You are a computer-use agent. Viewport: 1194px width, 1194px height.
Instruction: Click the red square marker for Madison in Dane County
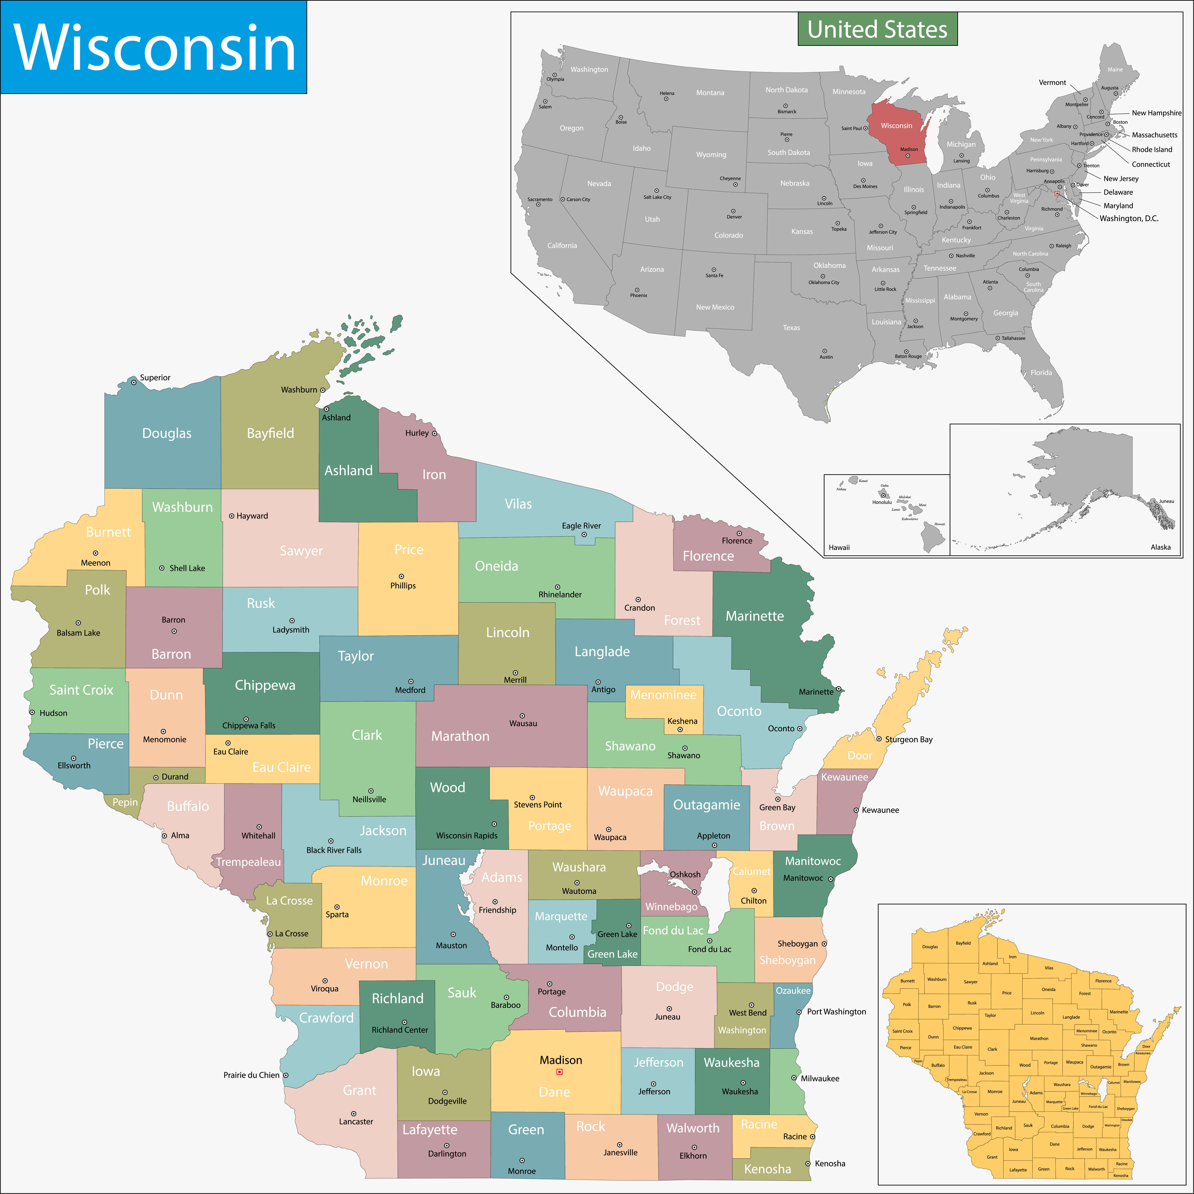coord(559,1072)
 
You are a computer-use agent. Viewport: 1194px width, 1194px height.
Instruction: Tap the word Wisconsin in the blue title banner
coord(154,48)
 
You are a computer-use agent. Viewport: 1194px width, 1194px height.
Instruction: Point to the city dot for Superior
coord(134,382)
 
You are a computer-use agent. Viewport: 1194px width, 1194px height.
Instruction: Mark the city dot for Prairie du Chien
coord(285,1075)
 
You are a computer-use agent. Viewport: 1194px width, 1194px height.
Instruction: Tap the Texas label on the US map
coord(791,328)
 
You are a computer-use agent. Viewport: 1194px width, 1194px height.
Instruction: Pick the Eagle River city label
coord(581,526)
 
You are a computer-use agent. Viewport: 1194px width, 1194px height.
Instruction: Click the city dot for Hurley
coord(434,433)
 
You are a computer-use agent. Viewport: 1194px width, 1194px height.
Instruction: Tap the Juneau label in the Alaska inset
coord(1166,501)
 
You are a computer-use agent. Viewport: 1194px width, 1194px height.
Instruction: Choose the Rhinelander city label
coord(560,595)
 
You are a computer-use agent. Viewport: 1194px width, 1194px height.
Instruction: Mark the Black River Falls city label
coord(334,850)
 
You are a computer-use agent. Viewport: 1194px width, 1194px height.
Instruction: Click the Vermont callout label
coord(1052,82)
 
